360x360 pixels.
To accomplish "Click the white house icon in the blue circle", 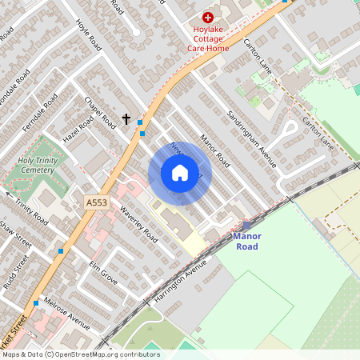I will pyautogui.click(x=179, y=173).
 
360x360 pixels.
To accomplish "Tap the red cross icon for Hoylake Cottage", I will pyautogui.click(x=208, y=17).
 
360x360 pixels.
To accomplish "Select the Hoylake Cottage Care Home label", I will pyautogui.click(x=208, y=38).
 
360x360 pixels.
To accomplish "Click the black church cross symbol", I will pyautogui.click(x=126, y=119).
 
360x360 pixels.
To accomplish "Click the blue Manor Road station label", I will pyautogui.click(x=246, y=242).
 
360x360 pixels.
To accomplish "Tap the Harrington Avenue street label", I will pyautogui.click(x=170, y=291).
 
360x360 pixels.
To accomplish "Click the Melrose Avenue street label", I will pyautogui.click(x=68, y=312).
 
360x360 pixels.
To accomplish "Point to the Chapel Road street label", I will pyautogui.click(x=100, y=112).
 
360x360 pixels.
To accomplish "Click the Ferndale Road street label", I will pyautogui.click(x=39, y=114).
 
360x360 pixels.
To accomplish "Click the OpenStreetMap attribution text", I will pyautogui.click(x=80, y=354).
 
